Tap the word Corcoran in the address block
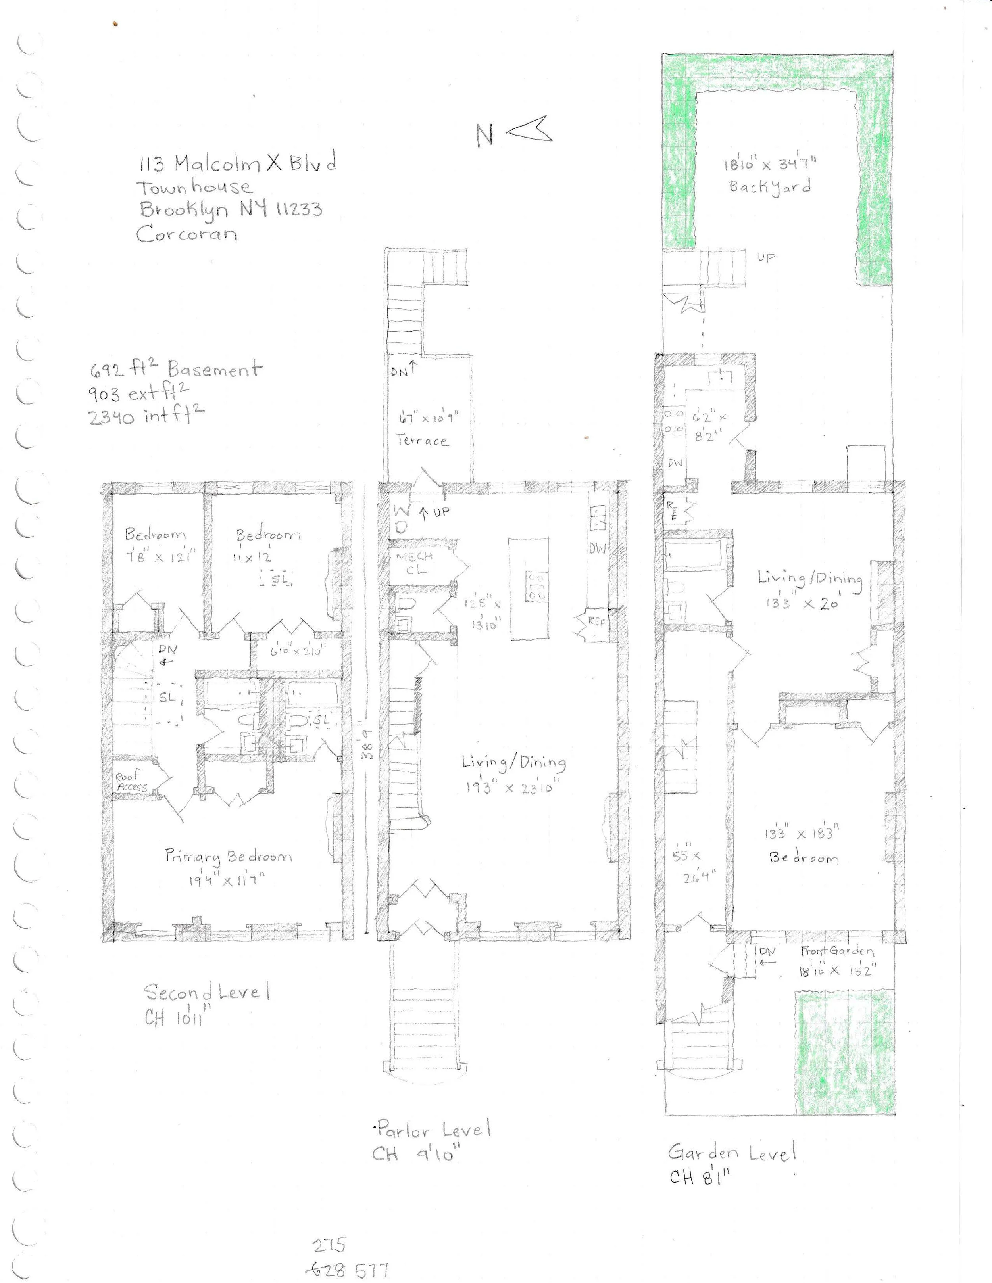[187, 234]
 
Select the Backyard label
[770, 187]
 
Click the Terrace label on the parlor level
[421, 441]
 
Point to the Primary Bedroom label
[228, 857]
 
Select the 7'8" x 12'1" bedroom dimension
[155, 556]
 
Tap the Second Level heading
[207, 993]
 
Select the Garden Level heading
[732, 1152]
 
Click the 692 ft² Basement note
[175, 370]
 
